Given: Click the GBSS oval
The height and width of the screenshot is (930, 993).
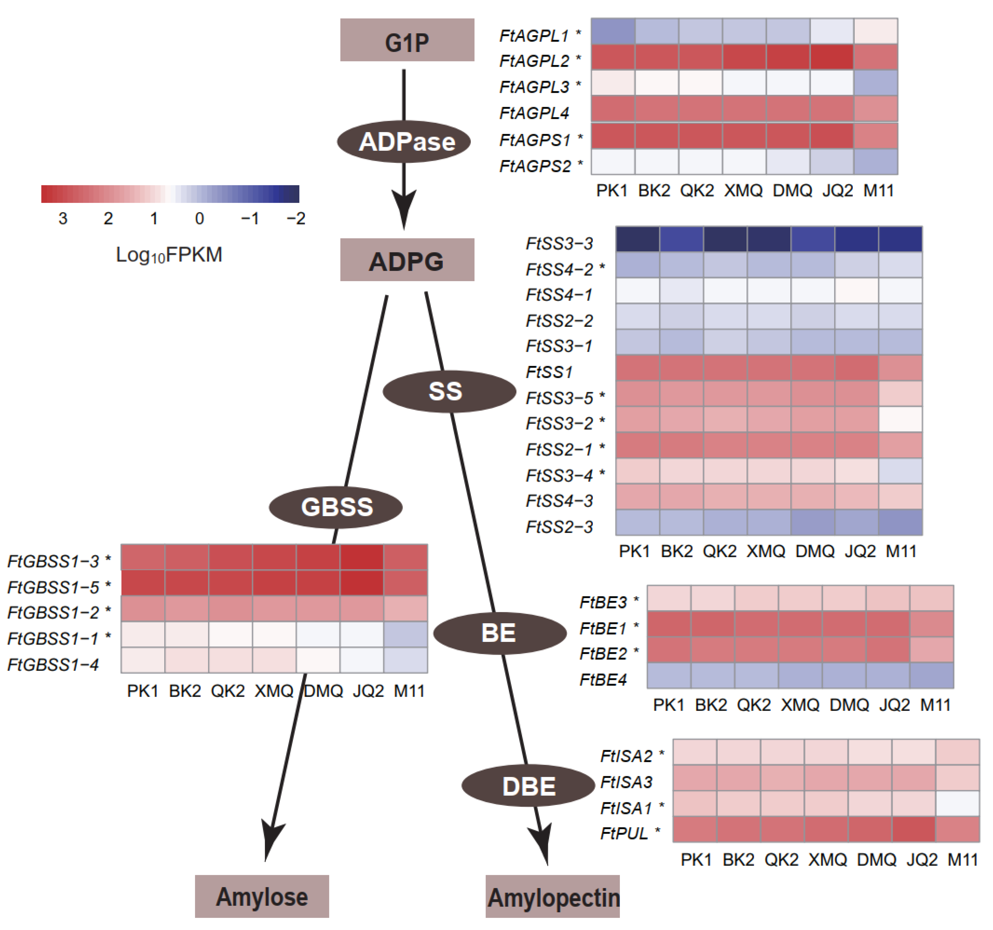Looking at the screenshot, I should click(336, 507).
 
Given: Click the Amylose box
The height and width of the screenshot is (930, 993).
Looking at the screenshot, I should click(262, 896).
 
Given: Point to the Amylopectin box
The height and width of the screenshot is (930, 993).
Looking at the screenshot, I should click(552, 896).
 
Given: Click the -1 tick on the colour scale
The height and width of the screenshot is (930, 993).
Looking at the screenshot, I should click(250, 218).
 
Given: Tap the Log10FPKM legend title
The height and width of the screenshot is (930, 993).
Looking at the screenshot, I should click(169, 255).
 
